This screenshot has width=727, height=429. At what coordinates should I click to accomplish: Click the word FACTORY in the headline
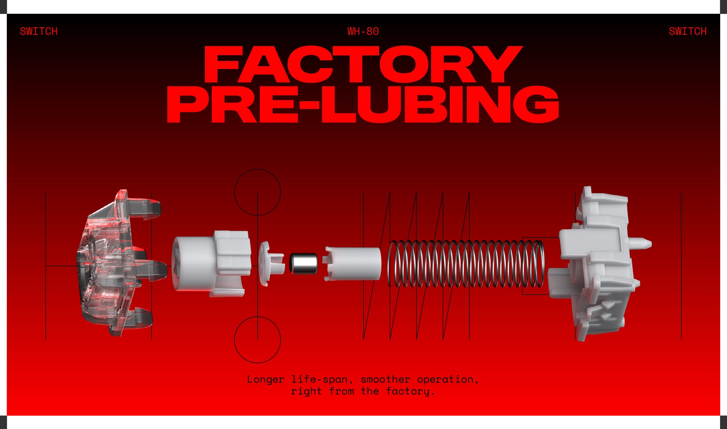pos(363,64)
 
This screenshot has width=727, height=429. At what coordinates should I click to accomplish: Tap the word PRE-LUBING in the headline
pos(363,104)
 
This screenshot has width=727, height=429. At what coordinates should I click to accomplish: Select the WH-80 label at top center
pos(363,31)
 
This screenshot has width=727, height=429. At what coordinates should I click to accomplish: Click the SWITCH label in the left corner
pos(39,31)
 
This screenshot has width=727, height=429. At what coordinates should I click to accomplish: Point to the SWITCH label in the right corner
pos(688,31)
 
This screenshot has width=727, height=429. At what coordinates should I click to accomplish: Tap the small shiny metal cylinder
pos(303,263)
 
